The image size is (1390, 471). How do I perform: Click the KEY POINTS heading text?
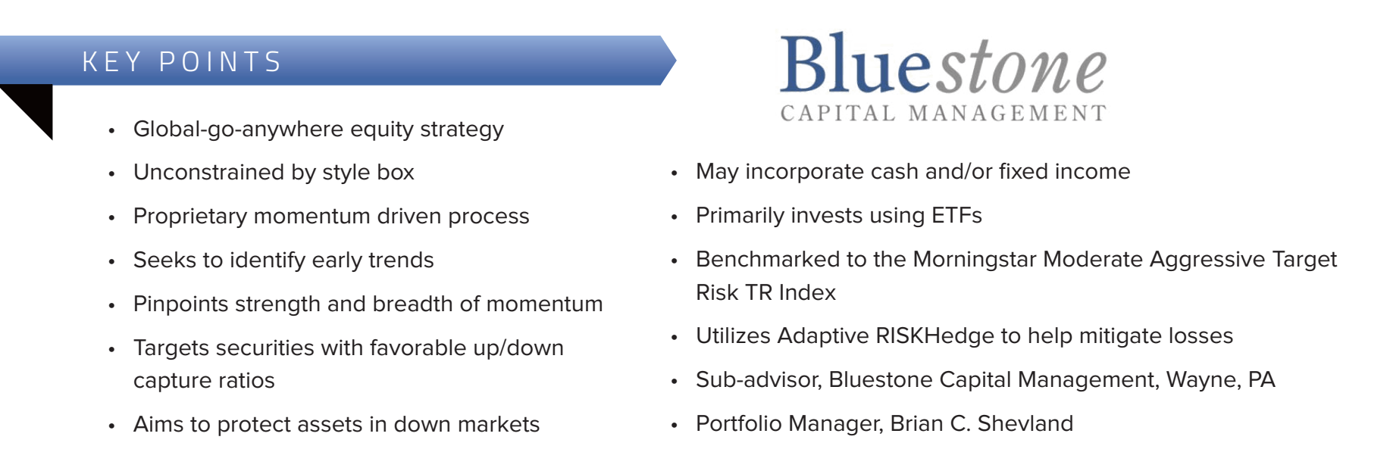coord(182,61)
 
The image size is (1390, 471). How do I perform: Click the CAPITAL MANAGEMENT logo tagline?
coord(943,113)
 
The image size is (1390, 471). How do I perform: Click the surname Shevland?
coord(1025,423)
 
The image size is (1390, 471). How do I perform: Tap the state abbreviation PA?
coord(1262,379)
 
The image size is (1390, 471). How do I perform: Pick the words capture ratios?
coord(204,381)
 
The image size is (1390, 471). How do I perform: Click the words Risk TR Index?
coord(765,292)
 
